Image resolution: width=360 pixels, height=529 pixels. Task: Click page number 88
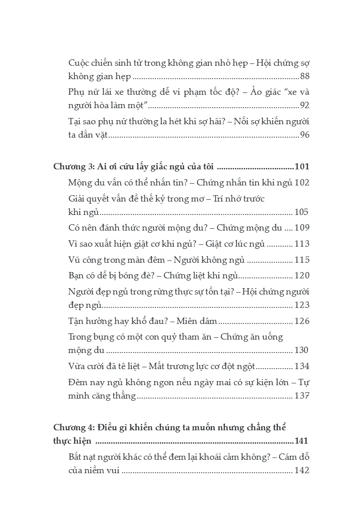click(x=305, y=76)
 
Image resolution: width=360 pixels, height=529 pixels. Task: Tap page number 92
click(x=305, y=105)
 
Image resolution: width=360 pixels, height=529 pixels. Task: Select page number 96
click(x=305, y=135)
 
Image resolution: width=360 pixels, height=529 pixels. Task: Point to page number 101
click(x=302, y=167)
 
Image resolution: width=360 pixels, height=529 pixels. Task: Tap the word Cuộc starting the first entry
click(x=79, y=63)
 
